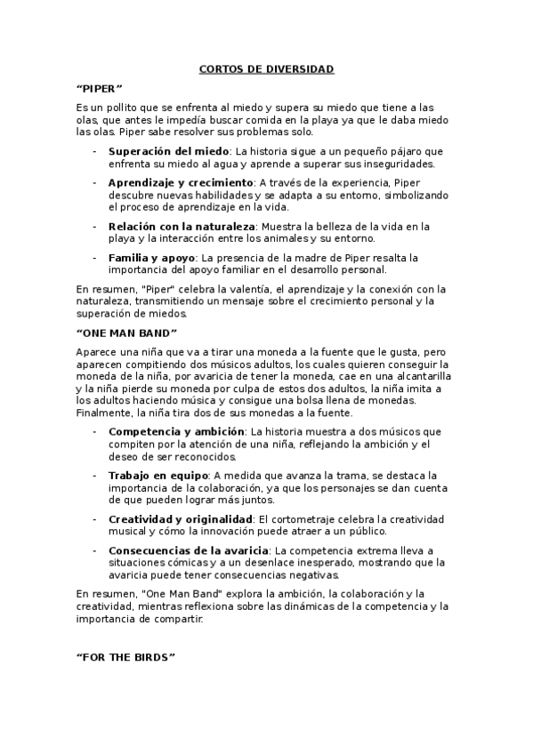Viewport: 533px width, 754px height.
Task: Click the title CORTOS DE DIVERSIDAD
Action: click(266, 68)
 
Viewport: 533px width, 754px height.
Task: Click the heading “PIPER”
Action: click(100, 89)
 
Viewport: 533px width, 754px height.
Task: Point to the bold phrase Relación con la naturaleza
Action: click(182, 227)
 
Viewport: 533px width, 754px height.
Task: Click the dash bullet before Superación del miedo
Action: click(94, 151)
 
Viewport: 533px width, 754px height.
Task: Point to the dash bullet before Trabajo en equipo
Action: click(94, 476)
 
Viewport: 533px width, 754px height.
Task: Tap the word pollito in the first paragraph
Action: click(125, 108)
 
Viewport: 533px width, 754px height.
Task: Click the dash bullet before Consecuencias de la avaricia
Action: click(94, 549)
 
